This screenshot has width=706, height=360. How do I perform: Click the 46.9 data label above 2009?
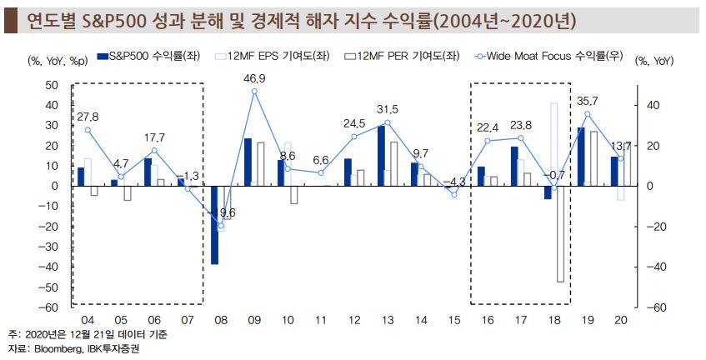click(254, 78)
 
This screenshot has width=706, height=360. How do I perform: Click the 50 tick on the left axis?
click(51, 85)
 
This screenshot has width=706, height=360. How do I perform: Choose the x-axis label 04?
click(87, 320)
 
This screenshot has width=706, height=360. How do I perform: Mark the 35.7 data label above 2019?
click(588, 102)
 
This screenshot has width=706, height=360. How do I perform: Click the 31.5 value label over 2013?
click(388, 109)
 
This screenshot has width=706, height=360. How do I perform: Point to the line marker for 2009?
click(254, 91)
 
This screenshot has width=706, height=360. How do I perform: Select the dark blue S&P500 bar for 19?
click(581, 156)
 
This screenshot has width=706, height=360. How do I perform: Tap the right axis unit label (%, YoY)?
click(654, 60)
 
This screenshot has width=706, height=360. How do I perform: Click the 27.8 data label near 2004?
click(87, 117)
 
